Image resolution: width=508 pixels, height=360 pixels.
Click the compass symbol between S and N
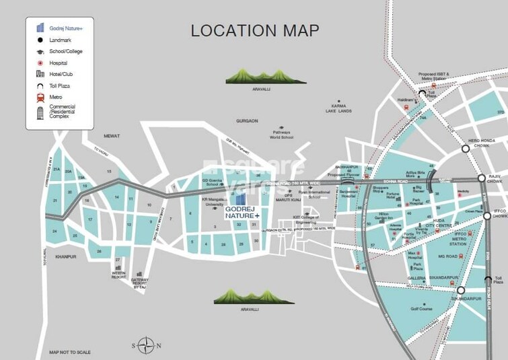pyautogui.click(x=147, y=345)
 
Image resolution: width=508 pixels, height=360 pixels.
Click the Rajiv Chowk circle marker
pyautogui.click(x=482, y=178)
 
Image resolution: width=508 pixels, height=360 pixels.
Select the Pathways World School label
pyautogui.click(x=283, y=135)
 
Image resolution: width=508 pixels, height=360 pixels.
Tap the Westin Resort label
pyautogui.click(x=119, y=275)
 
